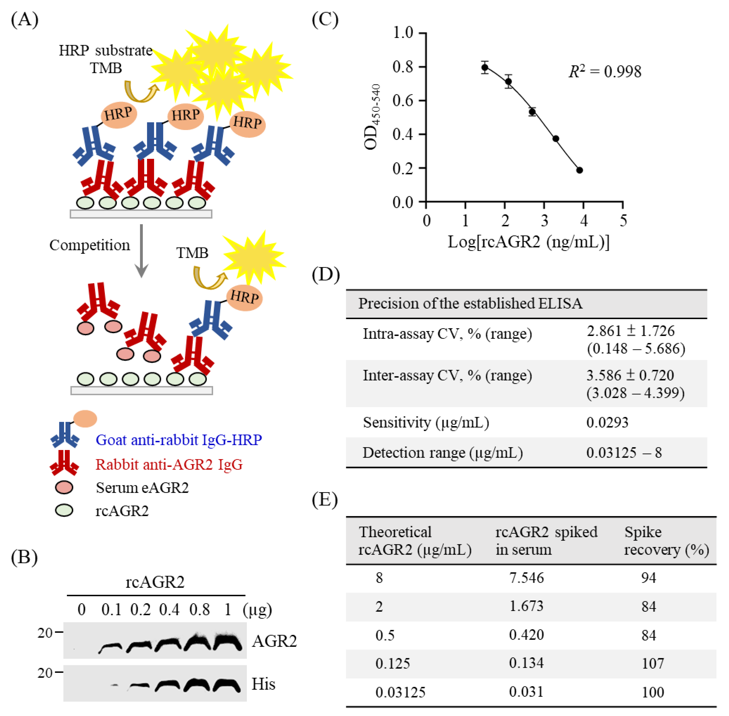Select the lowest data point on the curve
tap(579, 170)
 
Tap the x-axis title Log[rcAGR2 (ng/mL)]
tap(528, 242)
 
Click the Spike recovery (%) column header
tap(666, 541)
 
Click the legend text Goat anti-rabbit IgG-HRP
tap(179, 440)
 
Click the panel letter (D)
tap(326, 274)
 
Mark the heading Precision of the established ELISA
tap(470, 303)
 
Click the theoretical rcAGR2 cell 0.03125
tap(400, 692)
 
